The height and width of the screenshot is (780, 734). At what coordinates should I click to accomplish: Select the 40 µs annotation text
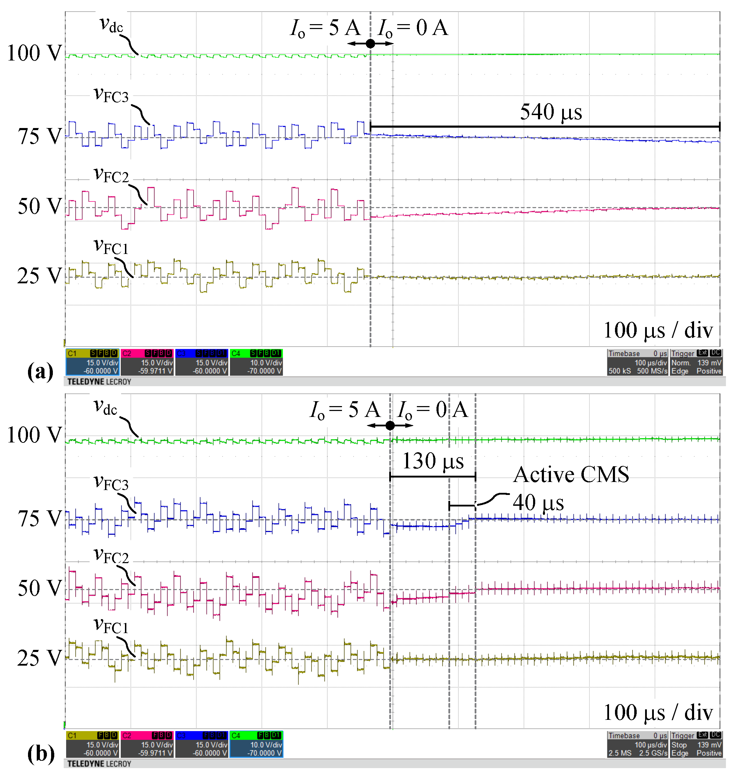click(x=538, y=502)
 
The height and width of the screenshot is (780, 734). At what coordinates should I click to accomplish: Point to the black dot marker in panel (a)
click(x=370, y=44)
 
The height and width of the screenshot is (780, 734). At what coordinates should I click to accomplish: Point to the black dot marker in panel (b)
click(x=390, y=426)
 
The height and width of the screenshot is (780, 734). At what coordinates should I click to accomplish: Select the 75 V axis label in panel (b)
click(x=39, y=519)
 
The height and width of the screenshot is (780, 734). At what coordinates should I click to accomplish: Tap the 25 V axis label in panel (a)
click(x=39, y=276)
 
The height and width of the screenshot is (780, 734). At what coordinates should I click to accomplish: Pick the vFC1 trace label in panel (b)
click(x=111, y=626)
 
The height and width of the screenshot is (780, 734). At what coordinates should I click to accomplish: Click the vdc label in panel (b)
click(x=105, y=407)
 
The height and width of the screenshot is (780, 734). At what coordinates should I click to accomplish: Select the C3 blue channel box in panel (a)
click(x=202, y=362)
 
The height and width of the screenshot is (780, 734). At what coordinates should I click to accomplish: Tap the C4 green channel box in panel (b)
click(x=256, y=744)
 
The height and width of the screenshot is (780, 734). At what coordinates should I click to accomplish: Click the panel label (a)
click(x=40, y=371)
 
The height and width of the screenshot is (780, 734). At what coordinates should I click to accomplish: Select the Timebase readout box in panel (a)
click(x=637, y=362)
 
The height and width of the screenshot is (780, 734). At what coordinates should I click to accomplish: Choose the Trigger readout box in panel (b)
click(x=696, y=744)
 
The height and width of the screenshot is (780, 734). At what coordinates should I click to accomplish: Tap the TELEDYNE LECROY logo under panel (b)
click(x=99, y=764)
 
